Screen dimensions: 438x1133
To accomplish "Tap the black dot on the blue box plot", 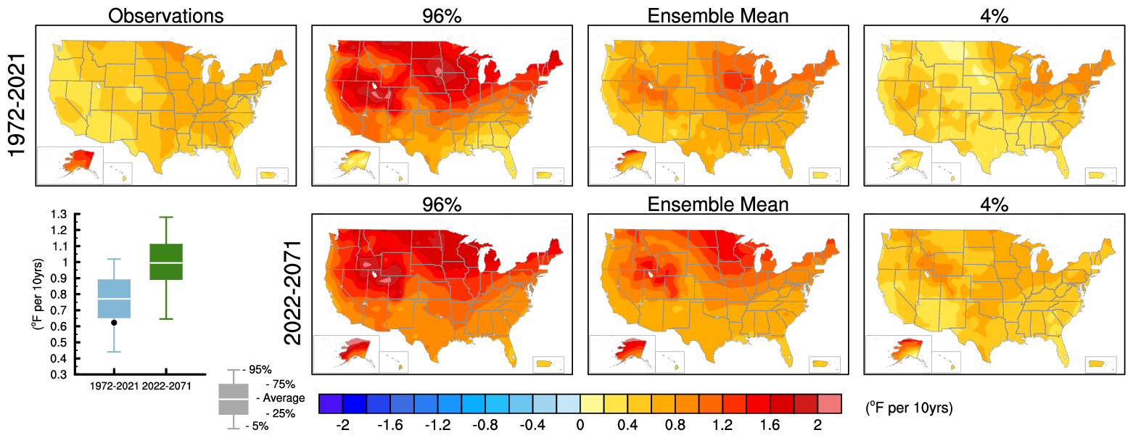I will tap(114, 323).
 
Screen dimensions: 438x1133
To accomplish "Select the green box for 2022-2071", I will tap(166, 262).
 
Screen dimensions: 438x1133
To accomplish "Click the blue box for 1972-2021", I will tap(114, 299).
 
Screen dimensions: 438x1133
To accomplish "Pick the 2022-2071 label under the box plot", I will tap(167, 386).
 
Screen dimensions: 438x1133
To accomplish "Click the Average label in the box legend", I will tap(279, 398).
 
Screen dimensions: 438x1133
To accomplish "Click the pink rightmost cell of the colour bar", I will tap(829, 404).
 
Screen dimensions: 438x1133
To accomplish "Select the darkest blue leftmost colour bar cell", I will tap(331, 404).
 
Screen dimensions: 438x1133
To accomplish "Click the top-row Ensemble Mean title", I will tap(717, 15).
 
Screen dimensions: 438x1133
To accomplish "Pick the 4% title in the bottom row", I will tap(993, 204).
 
